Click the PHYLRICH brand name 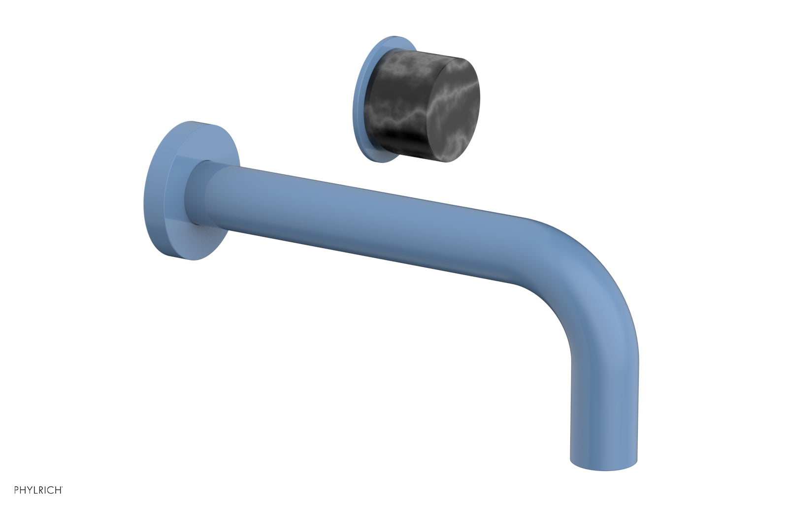(x=37, y=490)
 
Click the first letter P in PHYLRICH (x=16, y=490)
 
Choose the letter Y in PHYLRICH (x=28, y=490)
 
